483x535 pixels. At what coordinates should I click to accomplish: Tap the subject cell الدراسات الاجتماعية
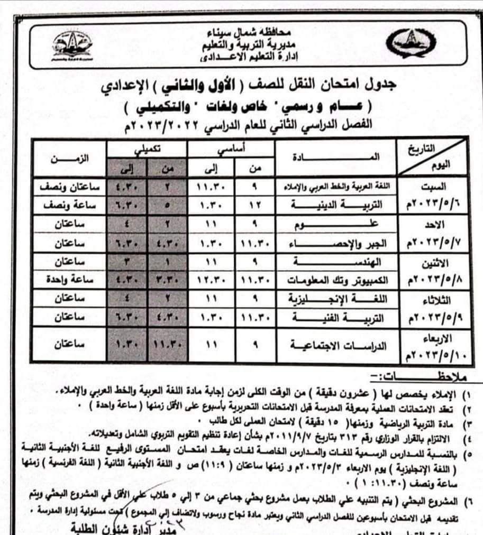[339, 345]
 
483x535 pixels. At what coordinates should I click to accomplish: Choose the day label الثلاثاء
[432, 299]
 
